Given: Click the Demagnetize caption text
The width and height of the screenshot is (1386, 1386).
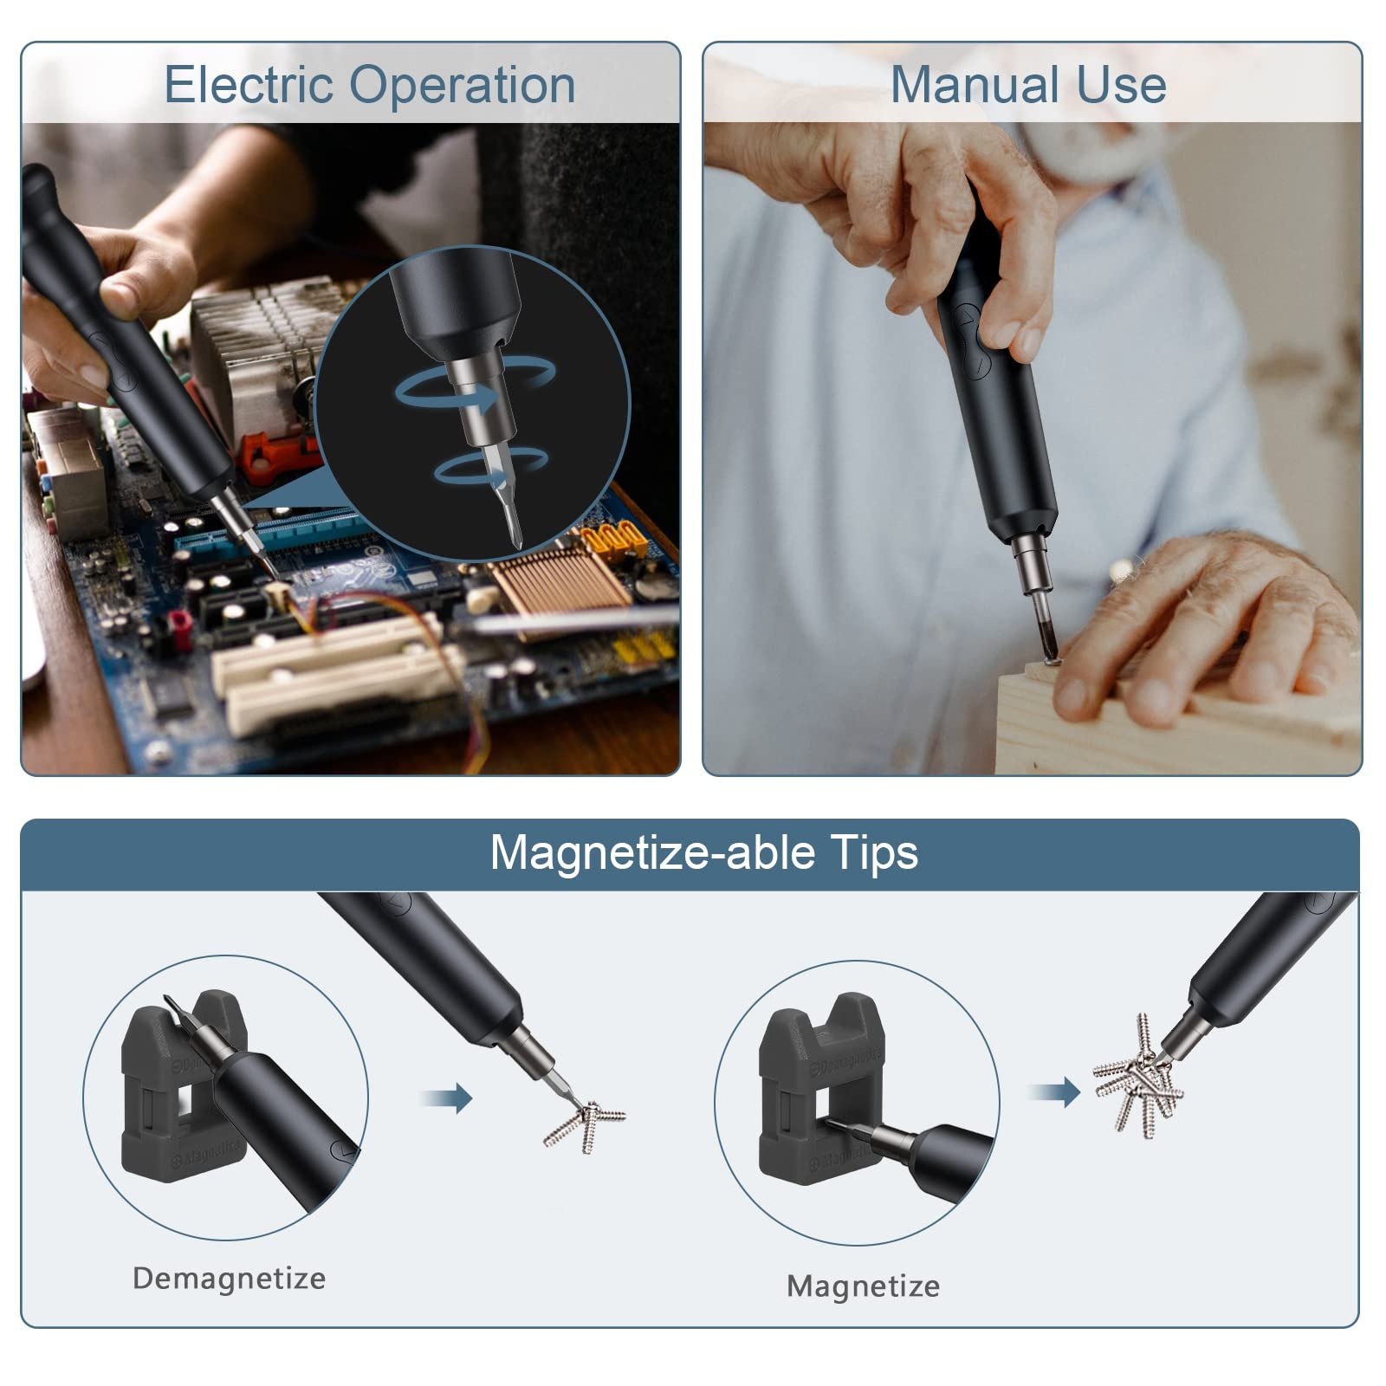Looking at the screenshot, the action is coord(229,1279).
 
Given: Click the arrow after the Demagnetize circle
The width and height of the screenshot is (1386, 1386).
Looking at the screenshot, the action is coord(447,1098).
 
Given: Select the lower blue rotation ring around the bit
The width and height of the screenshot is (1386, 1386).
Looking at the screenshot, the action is coord(489,468).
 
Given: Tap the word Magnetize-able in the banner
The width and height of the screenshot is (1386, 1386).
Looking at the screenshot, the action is coord(653,853).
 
